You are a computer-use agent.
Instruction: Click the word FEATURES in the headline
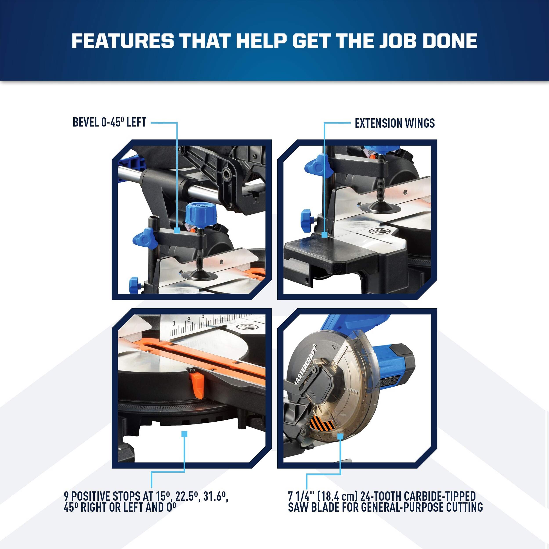pyautogui.click(x=123, y=41)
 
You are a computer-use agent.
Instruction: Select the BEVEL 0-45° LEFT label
pyautogui.click(x=109, y=123)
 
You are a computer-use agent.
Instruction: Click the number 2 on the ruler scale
pyautogui.click(x=188, y=320)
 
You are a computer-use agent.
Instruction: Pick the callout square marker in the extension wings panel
pyautogui.click(x=324, y=235)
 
